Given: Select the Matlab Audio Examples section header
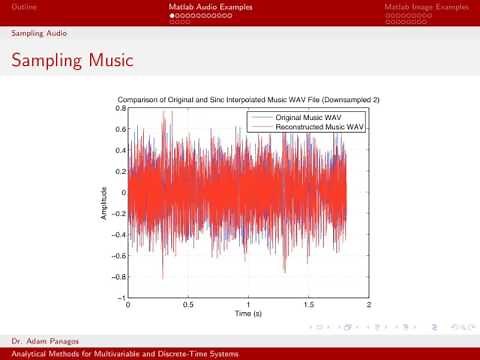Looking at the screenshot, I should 211,7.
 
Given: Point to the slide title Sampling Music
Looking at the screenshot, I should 71,60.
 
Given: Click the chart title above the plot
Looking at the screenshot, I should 248,100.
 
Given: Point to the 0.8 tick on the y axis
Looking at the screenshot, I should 120,108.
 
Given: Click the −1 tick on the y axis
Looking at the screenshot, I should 120,298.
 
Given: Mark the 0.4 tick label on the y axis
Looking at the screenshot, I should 120,150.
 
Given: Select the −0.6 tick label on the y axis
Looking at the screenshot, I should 118,256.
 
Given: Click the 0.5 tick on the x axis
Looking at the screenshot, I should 188,305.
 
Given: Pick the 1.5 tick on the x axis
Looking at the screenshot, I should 308,305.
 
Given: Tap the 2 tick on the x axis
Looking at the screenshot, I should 368,305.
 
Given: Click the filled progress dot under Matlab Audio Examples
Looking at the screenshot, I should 172,16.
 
